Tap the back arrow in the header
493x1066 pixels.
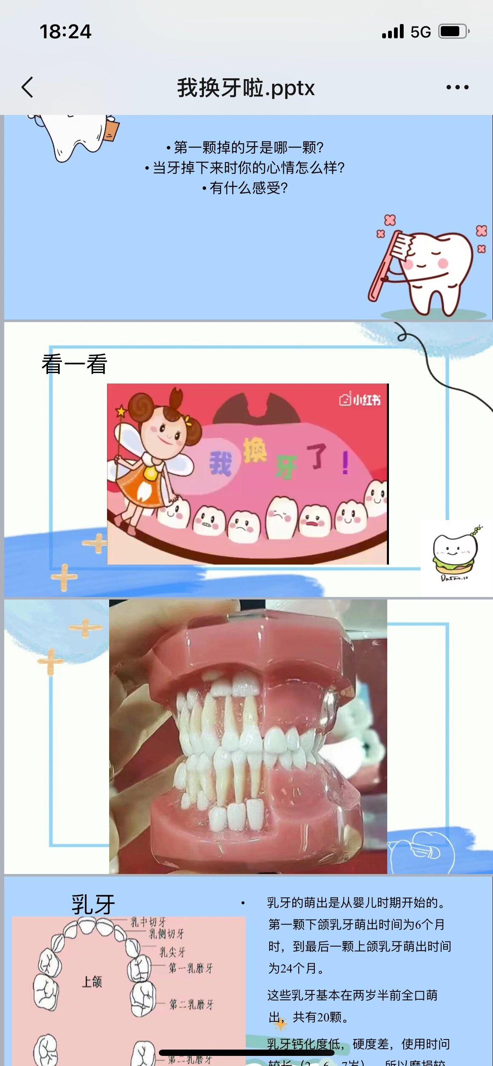(27, 88)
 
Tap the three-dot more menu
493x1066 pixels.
(457, 88)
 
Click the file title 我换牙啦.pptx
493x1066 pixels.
(246, 88)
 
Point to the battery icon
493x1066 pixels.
(453, 32)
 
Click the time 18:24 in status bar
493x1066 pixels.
(65, 32)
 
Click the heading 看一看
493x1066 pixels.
(75, 364)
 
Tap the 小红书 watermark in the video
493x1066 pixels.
(360, 400)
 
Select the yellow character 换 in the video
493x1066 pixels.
(255, 450)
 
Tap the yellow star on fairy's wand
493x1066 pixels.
(121, 410)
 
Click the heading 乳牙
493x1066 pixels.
(93, 904)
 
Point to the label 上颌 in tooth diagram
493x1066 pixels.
(92, 982)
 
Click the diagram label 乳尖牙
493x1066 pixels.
(172, 952)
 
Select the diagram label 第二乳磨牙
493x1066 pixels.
(191, 1005)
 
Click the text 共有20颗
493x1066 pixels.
(320, 1017)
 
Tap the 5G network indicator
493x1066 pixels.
(421, 32)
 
